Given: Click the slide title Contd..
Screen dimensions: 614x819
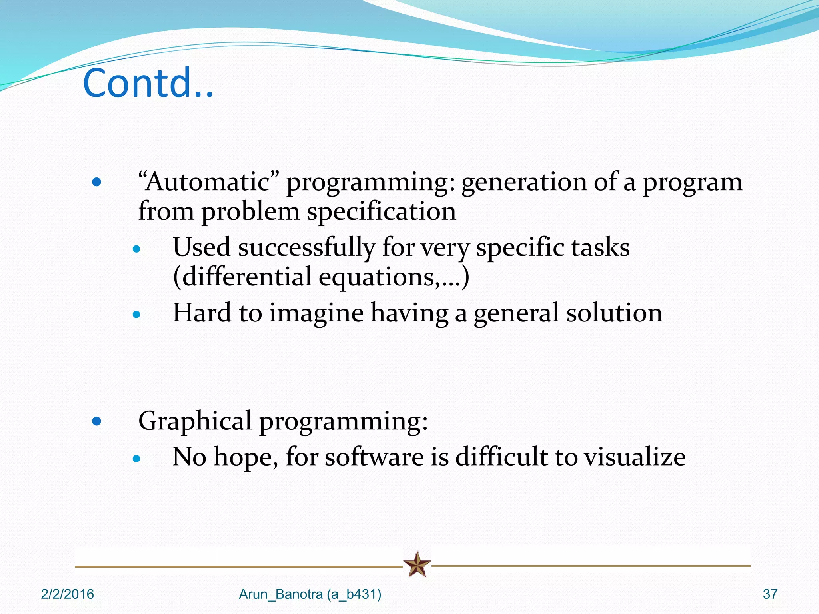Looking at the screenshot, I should (148, 83).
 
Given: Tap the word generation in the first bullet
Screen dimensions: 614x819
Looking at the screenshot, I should (523, 182).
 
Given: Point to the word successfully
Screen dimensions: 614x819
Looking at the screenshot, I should (306, 247).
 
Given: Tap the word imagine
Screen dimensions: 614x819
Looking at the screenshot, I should (316, 313).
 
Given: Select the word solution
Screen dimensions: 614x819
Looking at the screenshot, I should (614, 313).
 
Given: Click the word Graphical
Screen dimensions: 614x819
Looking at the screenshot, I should (195, 421).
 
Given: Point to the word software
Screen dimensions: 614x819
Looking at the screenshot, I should (374, 457).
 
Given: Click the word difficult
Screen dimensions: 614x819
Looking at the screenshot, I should (501, 457).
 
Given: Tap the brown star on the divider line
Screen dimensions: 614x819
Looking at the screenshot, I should (417, 564).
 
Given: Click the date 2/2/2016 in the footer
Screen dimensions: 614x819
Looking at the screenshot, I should (67, 594).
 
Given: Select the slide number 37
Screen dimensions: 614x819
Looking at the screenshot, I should (770, 594).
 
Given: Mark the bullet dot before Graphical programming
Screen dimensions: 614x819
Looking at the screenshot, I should (96, 421).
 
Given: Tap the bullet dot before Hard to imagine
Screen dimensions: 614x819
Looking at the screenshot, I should (137, 315).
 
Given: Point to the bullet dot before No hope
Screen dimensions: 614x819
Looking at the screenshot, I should (137, 459).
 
